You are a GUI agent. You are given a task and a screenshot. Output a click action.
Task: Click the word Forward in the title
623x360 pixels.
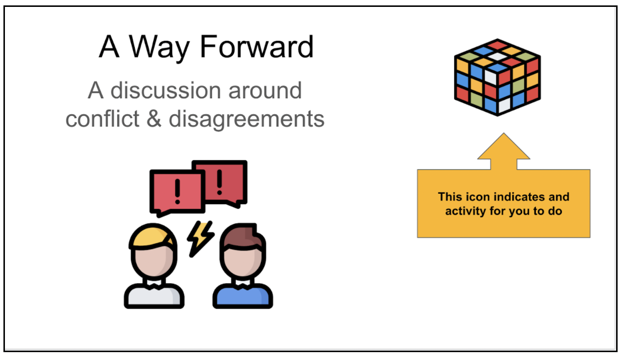tap(257, 47)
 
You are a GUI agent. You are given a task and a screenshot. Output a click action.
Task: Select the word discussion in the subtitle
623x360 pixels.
tap(164, 90)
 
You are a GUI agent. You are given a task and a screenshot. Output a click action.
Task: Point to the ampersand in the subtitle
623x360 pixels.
tap(154, 119)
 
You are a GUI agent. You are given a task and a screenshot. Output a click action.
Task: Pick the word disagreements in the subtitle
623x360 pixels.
tap(247, 119)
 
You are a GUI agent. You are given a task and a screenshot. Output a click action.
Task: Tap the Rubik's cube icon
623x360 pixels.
tap(497, 77)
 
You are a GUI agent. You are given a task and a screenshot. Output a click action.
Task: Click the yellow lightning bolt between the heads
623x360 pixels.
tap(200, 238)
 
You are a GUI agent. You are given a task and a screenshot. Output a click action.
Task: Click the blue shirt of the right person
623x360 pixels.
tap(243, 297)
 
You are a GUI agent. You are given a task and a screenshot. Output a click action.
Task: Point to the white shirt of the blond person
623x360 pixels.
tap(154, 297)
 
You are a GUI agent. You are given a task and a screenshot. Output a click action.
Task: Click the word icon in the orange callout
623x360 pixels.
tap(478, 197)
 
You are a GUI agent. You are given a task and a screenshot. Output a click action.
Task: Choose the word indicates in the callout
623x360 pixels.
tap(519, 197)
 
